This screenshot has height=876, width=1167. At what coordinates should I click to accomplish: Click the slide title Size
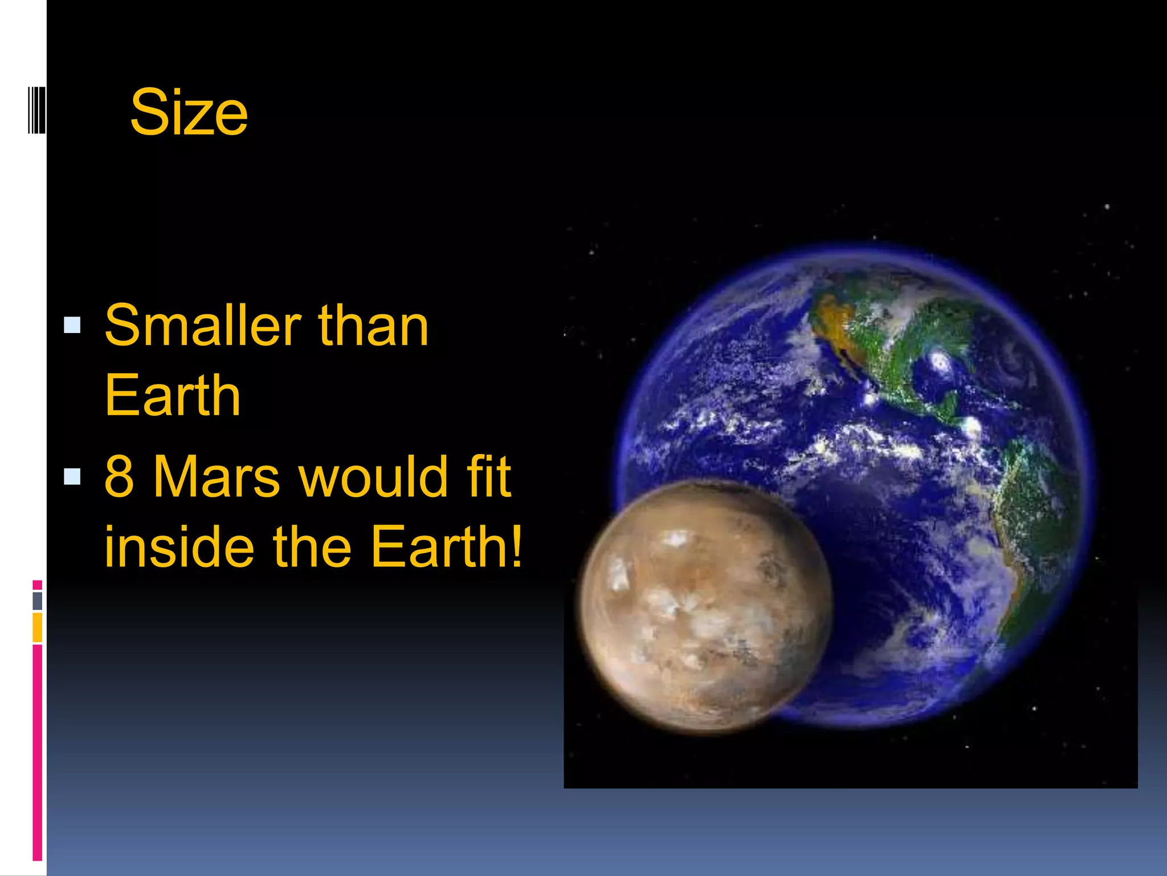click(x=189, y=112)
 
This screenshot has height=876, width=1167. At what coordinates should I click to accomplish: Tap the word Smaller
click(x=202, y=326)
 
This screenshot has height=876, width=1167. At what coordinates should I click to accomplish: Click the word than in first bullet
click(x=373, y=326)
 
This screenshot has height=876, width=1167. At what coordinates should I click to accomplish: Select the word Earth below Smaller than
click(x=173, y=396)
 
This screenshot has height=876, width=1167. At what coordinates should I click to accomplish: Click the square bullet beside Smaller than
click(x=72, y=326)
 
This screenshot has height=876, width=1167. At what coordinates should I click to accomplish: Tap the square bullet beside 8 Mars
click(x=72, y=476)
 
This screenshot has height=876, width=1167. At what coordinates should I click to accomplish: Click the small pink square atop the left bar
click(x=37, y=585)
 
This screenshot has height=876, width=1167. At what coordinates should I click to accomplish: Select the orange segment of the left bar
click(x=37, y=627)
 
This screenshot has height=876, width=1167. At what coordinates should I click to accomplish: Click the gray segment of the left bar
click(x=37, y=601)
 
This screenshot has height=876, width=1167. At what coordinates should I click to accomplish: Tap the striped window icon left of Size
click(x=36, y=111)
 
